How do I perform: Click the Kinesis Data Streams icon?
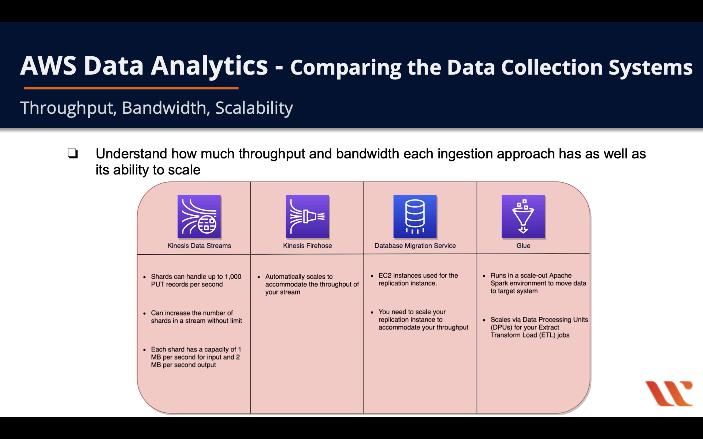pos(199,216)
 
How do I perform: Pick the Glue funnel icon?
pos(523,216)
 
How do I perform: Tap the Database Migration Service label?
pos(415,246)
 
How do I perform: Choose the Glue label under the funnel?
pos(523,246)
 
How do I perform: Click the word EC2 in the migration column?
pos(385,275)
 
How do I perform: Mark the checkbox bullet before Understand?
pos(73,153)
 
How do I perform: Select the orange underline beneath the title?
pos(131,88)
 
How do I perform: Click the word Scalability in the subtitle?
pos(254,108)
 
